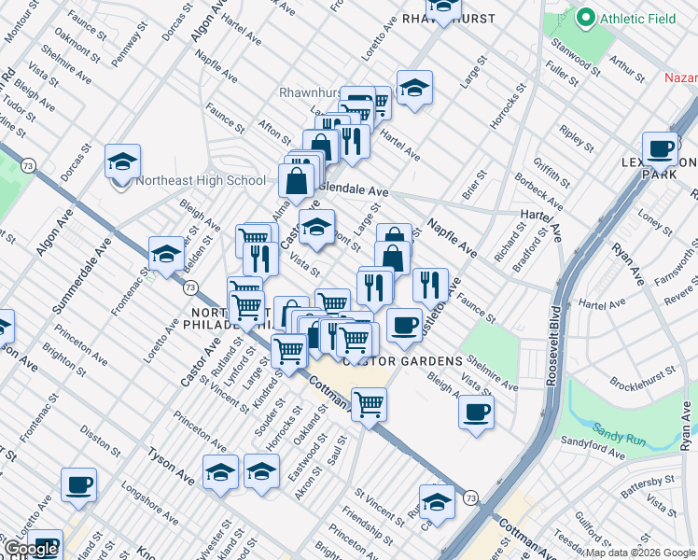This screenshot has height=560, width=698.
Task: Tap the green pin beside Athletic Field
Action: [586, 17]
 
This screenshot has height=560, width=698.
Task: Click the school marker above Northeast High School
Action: [122, 161]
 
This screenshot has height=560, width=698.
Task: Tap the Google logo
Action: [30, 549]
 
